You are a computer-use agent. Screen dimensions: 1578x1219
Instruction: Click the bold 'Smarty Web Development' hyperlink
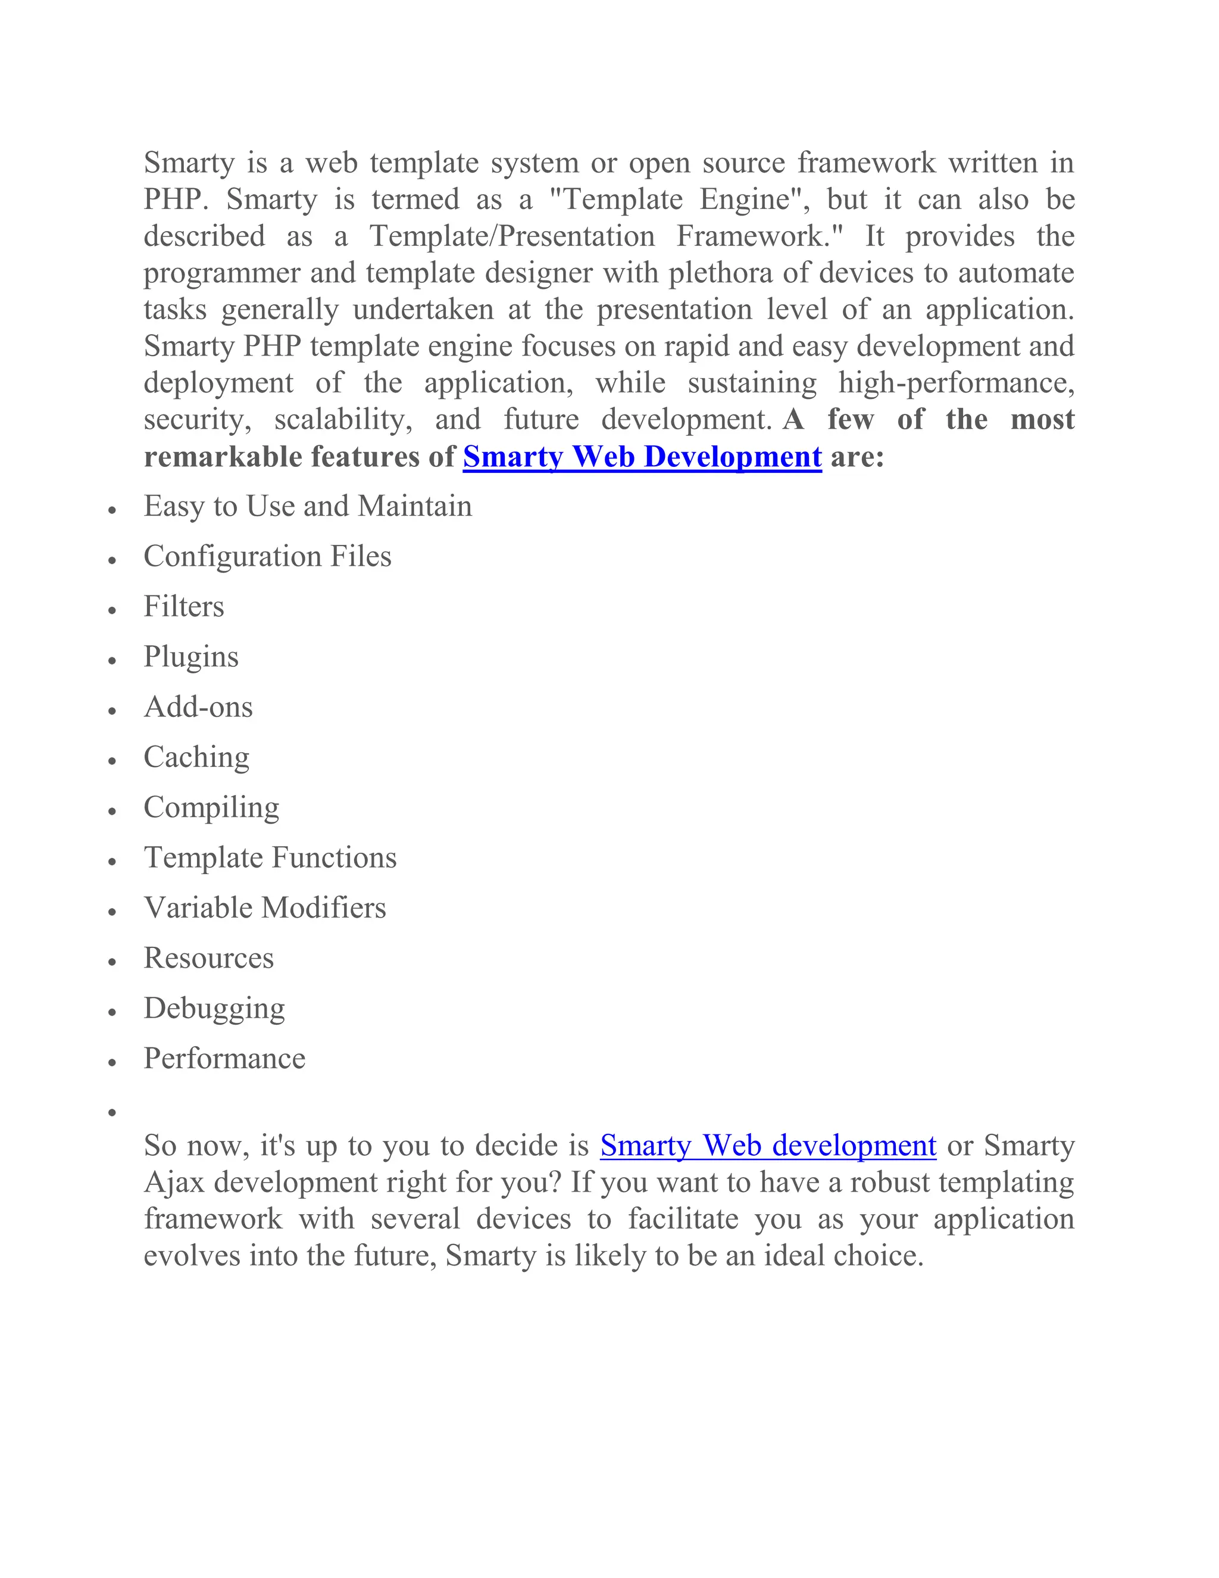[642, 457]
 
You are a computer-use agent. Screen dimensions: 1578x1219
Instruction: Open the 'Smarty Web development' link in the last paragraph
[768, 1145]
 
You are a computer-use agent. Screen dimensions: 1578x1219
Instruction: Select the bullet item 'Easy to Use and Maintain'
[308, 507]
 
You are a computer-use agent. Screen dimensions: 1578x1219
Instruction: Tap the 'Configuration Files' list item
[267, 556]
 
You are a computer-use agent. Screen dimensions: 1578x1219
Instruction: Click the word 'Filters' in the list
[183, 607]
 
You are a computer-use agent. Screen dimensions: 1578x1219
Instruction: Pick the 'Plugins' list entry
[190, 657]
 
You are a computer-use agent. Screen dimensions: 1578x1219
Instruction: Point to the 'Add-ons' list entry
[198, 707]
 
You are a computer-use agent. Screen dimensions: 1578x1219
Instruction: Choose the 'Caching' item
[196, 757]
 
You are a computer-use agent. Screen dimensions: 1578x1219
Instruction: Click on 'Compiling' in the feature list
[211, 808]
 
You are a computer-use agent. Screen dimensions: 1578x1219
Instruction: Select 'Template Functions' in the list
[270, 857]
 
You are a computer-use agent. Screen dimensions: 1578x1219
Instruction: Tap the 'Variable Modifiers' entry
[265, 908]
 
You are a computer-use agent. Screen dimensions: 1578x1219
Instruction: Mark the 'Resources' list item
[209, 958]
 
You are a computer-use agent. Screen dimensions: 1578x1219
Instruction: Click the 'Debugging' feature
[214, 1009]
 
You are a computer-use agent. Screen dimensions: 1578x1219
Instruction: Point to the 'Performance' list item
[224, 1059]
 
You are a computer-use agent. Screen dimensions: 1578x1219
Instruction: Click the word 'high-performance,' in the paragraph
[956, 383]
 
